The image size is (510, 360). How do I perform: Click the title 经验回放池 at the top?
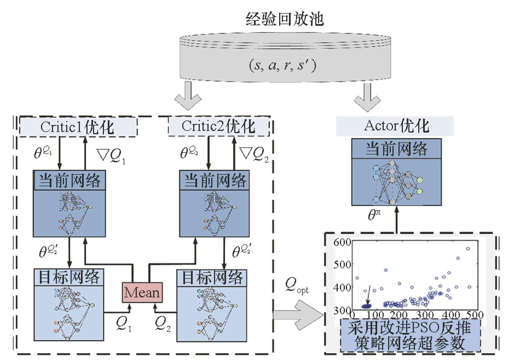point(284,19)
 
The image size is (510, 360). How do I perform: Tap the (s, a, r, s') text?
point(283,66)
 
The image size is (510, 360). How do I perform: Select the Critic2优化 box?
point(219,126)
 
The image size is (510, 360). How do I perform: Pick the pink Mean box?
point(142,292)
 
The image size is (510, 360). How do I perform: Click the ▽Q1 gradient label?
point(111,156)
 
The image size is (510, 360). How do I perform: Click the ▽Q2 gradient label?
point(254,154)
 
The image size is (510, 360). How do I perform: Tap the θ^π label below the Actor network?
point(374,215)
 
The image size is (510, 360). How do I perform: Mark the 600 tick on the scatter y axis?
point(342,242)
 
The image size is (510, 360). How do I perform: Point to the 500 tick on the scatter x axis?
point(474,315)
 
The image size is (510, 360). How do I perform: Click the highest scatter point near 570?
point(468,249)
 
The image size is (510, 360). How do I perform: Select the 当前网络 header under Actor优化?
point(396,149)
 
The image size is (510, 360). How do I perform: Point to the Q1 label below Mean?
point(124,324)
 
